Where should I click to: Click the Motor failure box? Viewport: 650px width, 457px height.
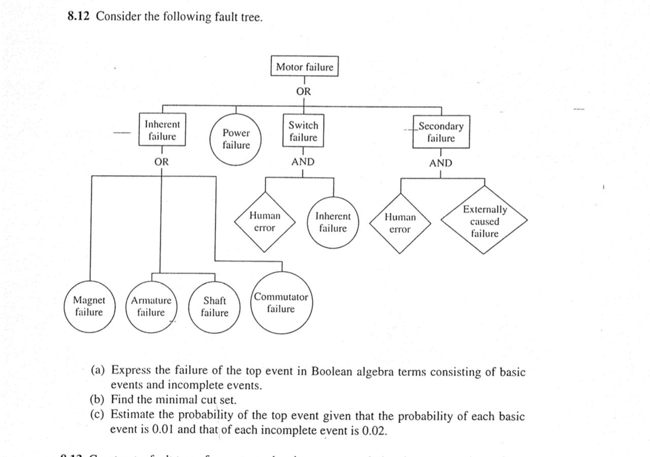pos(304,67)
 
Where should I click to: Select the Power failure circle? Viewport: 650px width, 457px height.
pos(236,139)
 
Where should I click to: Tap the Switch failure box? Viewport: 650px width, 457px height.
pos(303,131)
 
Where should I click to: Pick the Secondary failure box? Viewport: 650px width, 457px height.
pos(441,132)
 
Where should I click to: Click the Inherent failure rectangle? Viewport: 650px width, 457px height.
pos(162,130)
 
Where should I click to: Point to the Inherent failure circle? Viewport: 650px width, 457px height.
pos(333,222)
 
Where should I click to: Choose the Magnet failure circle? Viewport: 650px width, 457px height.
pos(89,306)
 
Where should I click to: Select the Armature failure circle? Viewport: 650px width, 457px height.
pos(151,306)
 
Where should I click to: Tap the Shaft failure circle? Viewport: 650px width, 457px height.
pos(214,307)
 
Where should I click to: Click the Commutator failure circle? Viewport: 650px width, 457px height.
pos(281,303)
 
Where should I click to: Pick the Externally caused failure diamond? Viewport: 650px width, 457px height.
pos(484,221)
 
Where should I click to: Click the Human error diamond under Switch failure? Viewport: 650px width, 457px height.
pos(265,222)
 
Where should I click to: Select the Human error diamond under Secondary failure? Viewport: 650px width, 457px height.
pos(400,223)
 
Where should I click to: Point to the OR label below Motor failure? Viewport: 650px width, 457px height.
pos(304,92)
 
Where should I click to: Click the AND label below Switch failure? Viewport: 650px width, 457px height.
pos(303,162)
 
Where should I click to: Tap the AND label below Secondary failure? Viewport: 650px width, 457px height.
pos(440,164)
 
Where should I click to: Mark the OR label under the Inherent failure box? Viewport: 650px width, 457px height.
pos(161,162)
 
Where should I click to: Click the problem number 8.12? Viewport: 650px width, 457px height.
pos(79,17)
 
